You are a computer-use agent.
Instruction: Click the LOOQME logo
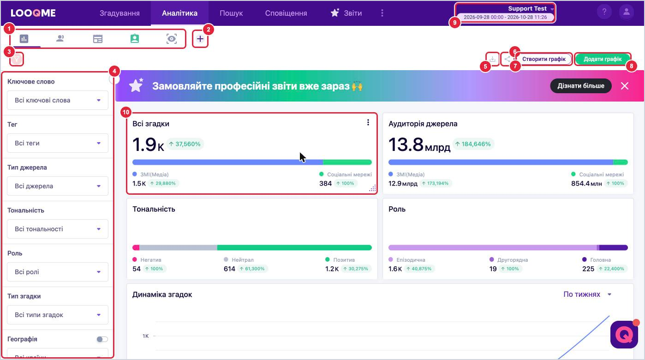pos(33,13)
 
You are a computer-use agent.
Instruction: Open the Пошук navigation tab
pos(231,13)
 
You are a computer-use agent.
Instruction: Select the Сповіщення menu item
pos(286,13)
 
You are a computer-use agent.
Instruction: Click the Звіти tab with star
pos(346,13)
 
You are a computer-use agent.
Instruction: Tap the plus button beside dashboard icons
pos(200,39)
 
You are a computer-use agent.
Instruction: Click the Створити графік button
pos(544,59)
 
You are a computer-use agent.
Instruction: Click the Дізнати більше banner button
pos(581,86)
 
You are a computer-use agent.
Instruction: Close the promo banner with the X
pos(625,86)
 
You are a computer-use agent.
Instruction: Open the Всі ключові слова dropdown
pos(58,100)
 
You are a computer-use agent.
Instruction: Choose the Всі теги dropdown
pos(58,143)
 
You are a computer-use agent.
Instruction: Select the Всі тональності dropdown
pos(58,229)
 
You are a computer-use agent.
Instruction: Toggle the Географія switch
pos(102,339)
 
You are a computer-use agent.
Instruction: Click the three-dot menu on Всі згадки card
pos(368,123)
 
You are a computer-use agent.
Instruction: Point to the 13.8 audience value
pos(406,144)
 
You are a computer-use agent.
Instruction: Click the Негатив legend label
pos(150,260)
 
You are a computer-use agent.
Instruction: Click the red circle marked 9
pos(454,23)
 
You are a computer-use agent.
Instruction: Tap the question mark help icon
pos(604,12)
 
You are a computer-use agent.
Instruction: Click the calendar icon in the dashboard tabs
pos(98,39)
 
